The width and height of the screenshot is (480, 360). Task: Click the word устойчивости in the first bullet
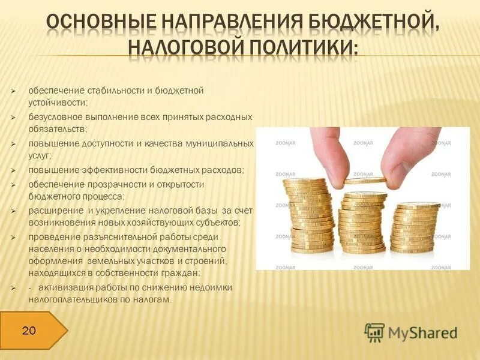click(53, 102)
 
